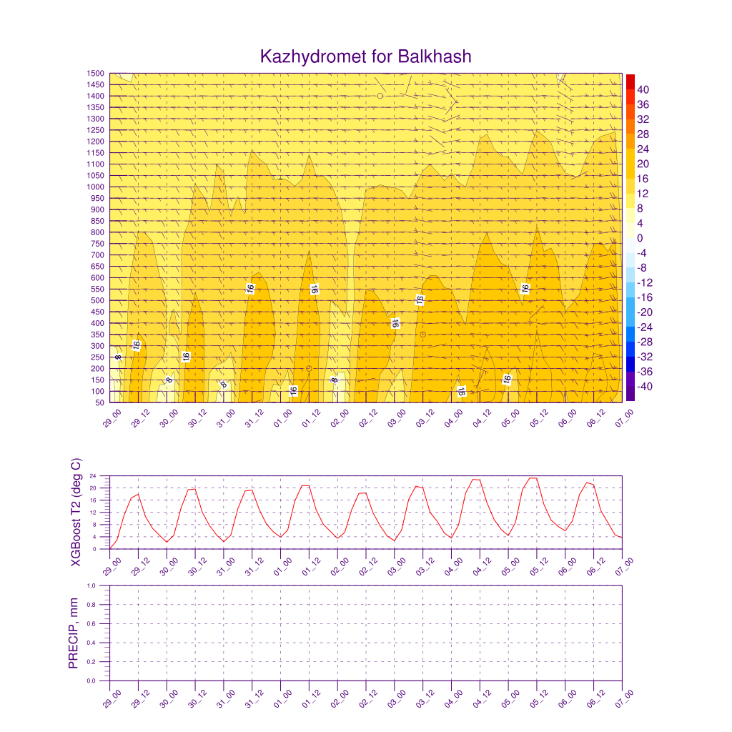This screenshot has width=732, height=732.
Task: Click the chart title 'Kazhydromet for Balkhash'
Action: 366,56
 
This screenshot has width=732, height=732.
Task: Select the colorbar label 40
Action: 643,89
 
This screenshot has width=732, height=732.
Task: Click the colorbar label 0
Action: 640,238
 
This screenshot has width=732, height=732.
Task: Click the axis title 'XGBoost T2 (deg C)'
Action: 76,511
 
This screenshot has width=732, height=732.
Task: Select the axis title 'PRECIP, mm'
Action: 73,633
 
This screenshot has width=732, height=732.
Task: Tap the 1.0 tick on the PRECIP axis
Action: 102,585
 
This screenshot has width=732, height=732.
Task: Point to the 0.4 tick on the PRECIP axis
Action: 102,643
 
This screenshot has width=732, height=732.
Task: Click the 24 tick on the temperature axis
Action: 104,476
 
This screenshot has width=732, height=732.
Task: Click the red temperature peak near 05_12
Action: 533,478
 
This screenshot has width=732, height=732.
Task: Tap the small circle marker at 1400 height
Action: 380,96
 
